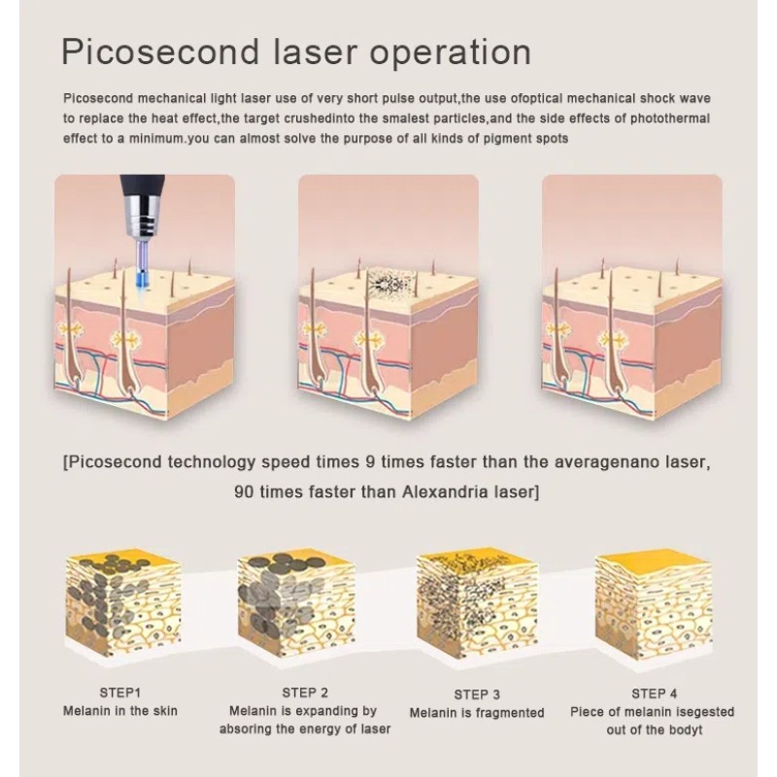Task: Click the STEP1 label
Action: point(120,693)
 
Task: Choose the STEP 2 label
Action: point(304,693)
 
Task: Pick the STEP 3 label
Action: point(477,694)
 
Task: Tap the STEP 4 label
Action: point(655,693)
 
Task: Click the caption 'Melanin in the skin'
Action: point(120,711)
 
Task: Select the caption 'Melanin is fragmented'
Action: point(477,713)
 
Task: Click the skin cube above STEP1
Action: point(120,612)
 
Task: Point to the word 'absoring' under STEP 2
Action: point(252,729)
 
